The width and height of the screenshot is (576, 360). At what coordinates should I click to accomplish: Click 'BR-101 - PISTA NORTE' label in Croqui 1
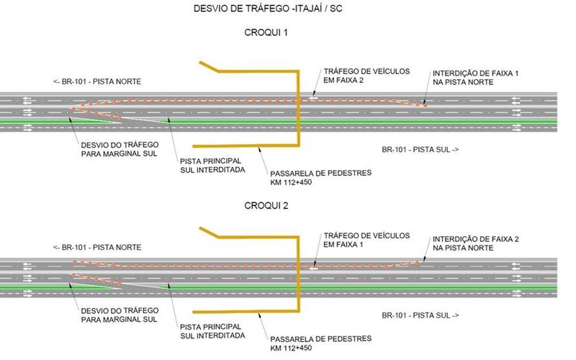[x=96, y=81]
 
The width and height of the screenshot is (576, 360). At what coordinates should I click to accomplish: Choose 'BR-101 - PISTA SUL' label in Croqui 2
[x=419, y=316]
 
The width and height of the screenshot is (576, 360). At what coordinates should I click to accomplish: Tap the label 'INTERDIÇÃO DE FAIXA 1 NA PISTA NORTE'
[x=464, y=78]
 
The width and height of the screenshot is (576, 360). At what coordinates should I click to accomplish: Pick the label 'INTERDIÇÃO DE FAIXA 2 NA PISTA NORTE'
[x=464, y=243]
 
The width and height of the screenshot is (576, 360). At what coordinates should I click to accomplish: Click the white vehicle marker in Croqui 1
[x=312, y=98]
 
